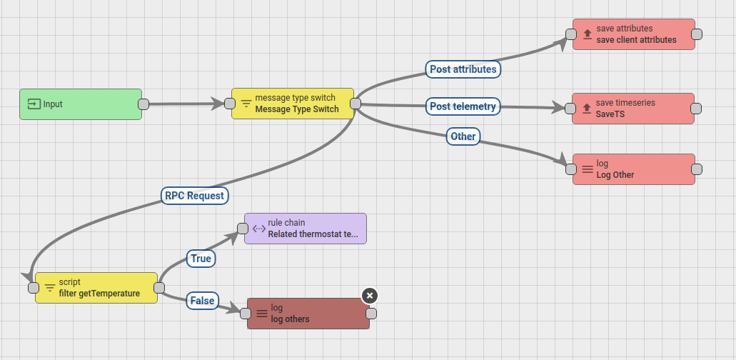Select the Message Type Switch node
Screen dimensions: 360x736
pyautogui.click(x=293, y=104)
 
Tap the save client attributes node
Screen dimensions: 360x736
pyautogui.click(x=633, y=34)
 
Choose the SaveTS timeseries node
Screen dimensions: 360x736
pyautogui.click(x=633, y=109)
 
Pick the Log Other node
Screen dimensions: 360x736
pyautogui.click(x=633, y=169)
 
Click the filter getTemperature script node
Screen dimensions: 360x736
pyautogui.click(x=96, y=288)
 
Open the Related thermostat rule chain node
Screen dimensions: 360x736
pyautogui.click(x=306, y=229)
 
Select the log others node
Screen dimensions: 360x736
pyautogui.click(x=308, y=314)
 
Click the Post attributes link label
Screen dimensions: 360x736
pyautogui.click(x=463, y=69)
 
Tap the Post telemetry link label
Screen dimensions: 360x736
pyautogui.click(x=463, y=106)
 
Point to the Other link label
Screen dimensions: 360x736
pyautogui.click(x=463, y=136)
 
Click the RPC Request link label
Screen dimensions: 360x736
pyautogui.click(x=194, y=196)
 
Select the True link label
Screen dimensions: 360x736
pyautogui.click(x=201, y=259)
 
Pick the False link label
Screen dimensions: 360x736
pyautogui.click(x=202, y=301)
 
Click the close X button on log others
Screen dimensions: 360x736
pyautogui.click(x=369, y=296)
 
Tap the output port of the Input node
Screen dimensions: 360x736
pyautogui.click(x=143, y=104)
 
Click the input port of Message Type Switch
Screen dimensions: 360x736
pyautogui.click(x=230, y=104)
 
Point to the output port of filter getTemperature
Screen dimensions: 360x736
pyautogui.click(x=159, y=288)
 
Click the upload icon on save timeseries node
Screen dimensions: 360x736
pyautogui.click(x=587, y=109)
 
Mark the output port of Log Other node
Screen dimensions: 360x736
pyautogui.click(x=697, y=169)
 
